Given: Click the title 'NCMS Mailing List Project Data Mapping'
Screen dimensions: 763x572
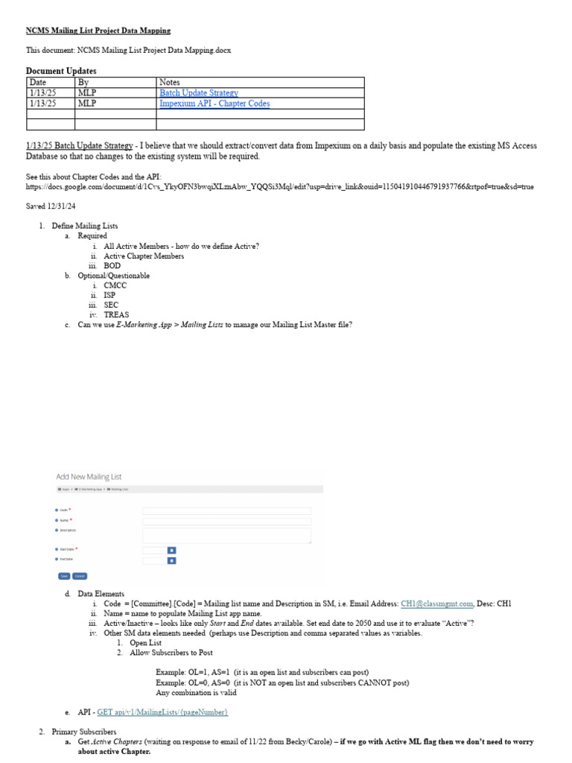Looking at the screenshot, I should pos(98,31).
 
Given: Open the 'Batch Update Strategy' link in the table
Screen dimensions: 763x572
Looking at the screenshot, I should pos(199,93).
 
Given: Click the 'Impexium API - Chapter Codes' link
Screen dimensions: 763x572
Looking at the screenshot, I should pos(214,104).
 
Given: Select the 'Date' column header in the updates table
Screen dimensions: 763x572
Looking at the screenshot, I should pos(37,82).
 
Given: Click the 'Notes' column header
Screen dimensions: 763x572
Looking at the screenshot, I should pos(170,82).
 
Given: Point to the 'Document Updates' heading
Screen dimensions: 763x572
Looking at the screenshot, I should pos(61,71).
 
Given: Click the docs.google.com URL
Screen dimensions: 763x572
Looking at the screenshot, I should pos(279,187).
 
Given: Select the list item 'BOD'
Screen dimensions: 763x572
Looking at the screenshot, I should pos(112,265).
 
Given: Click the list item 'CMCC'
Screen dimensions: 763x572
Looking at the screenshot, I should pos(115,285).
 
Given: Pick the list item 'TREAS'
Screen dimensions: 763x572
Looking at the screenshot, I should pos(116,314).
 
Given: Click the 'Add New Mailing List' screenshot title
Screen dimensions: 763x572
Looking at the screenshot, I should pos(89,476).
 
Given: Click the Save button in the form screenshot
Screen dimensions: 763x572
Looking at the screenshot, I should pos(63,576).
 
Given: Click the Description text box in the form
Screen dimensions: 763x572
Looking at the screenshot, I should pos(226,535).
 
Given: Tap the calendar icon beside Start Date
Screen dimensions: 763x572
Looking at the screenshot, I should pos(171,550).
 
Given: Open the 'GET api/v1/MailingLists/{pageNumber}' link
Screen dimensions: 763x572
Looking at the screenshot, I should pos(162,712).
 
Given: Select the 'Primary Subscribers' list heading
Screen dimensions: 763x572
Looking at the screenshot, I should pos(84,732).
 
